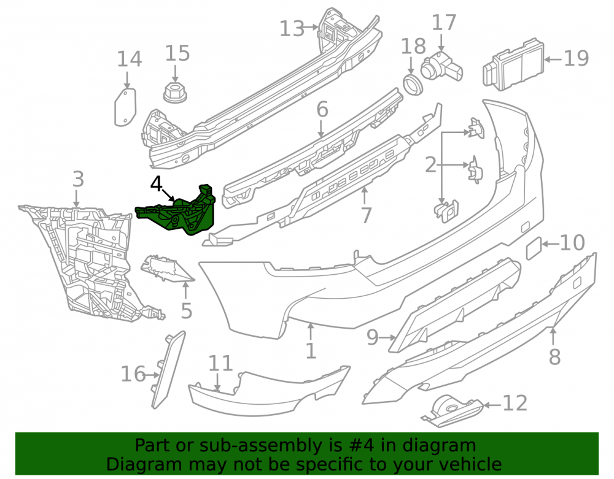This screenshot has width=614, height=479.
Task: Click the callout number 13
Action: click(x=292, y=29)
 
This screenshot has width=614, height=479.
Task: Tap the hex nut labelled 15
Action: click(x=174, y=92)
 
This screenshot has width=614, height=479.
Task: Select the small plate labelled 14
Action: click(x=125, y=107)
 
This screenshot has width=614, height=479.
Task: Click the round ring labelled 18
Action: click(x=413, y=85)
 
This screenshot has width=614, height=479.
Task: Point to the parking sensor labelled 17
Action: click(x=441, y=68)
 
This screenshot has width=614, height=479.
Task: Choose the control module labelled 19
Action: click(x=513, y=64)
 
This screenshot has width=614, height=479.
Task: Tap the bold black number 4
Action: click(x=156, y=184)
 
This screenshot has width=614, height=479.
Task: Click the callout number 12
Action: click(x=515, y=403)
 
